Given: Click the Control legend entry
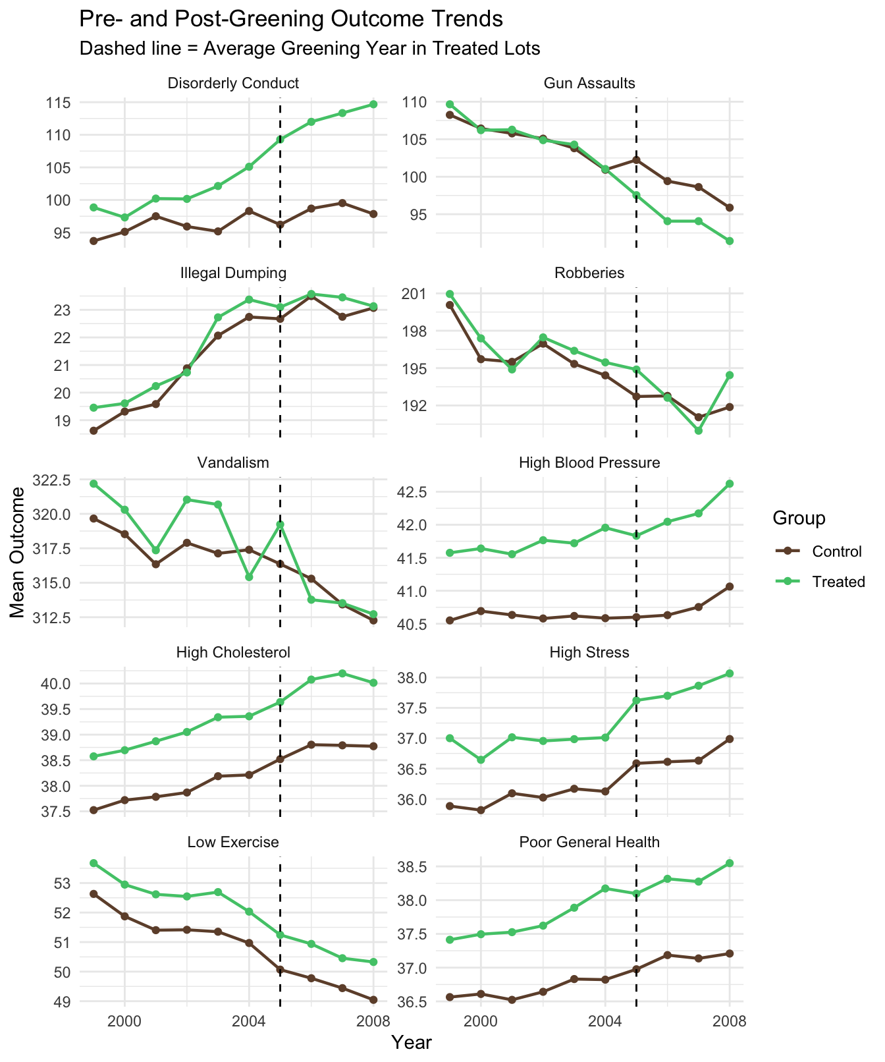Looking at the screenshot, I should click(x=837, y=551).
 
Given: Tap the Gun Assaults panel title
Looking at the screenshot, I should click(x=589, y=83).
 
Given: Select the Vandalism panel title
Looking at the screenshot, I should click(x=233, y=462).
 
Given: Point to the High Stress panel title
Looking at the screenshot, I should click(x=589, y=652).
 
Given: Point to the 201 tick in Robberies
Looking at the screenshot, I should click(x=416, y=293).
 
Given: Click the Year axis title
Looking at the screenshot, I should click(x=411, y=1042).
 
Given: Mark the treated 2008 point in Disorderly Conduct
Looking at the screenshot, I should click(x=373, y=104).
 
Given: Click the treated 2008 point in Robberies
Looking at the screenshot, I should click(x=730, y=375).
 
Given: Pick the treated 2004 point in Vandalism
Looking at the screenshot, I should click(x=249, y=577).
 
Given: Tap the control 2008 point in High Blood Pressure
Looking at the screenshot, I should click(x=730, y=586).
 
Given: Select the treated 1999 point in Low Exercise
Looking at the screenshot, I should click(x=94, y=863).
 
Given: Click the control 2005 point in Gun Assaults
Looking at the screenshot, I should click(x=636, y=159).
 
